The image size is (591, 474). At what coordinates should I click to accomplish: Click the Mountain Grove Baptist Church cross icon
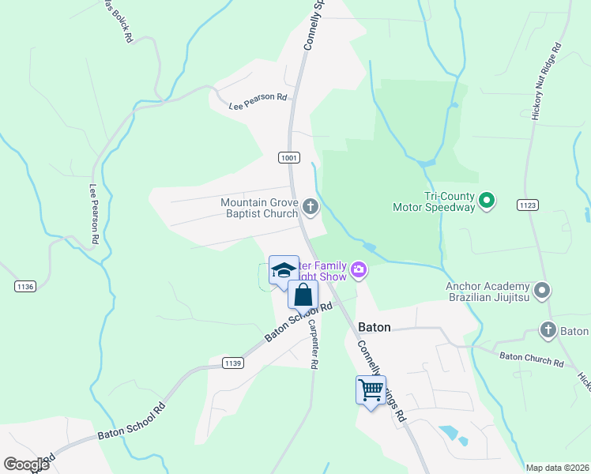click(x=311, y=208)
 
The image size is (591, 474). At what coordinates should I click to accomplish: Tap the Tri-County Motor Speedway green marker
click(x=487, y=201)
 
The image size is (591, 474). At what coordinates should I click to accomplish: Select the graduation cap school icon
click(x=284, y=271)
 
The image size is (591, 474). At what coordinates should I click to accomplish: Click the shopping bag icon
click(x=303, y=295)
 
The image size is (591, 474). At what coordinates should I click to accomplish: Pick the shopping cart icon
click(x=371, y=389)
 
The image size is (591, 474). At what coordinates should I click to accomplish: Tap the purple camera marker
click(x=359, y=272)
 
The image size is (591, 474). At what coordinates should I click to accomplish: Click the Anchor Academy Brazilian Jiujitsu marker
click(x=542, y=292)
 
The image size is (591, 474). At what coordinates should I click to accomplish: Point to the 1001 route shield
click(x=289, y=158)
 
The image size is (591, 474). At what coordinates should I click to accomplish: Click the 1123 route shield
click(x=529, y=205)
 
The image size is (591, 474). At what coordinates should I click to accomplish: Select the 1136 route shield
click(x=25, y=286)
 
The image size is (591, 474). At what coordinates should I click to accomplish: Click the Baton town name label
click(x=375, y=326)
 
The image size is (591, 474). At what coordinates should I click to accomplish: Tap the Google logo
click(x=26, y=465)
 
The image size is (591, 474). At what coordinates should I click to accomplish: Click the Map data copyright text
click(x=556, y=468)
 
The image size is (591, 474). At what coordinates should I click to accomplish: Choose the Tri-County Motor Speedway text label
click(x=434, y=201)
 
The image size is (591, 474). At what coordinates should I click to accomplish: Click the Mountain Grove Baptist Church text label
click(x=259, y=208)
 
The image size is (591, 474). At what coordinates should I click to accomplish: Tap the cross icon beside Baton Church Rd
click(x=549, y=329)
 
